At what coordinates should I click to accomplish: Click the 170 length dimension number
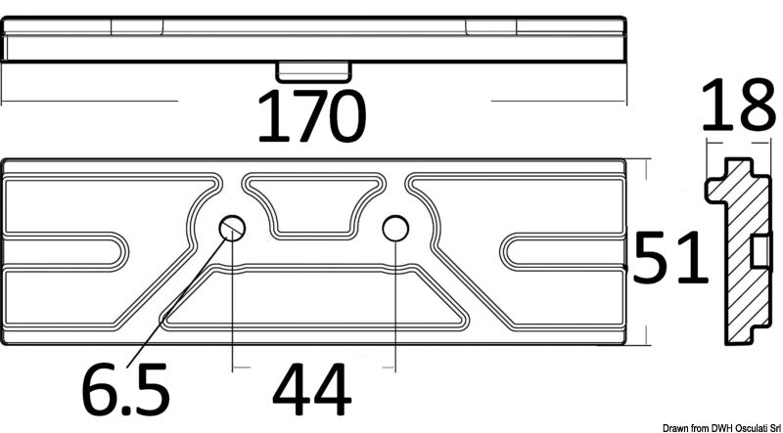(x=311, y=116)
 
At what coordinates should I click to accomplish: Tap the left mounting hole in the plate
(x=233, y=229)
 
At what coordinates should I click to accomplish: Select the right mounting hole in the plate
(x=394, y=229)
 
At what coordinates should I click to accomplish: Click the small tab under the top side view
(x=312, y=71)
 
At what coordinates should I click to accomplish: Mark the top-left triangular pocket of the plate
(x=108, y=200)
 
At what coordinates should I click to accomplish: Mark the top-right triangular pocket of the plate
(x=519, y=200)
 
